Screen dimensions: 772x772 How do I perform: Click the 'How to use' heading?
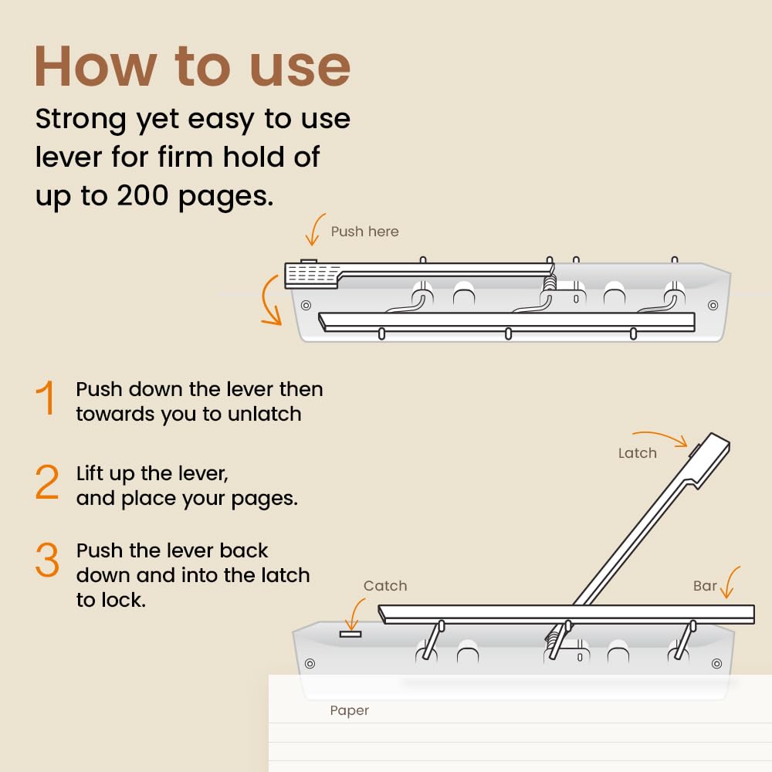tap(192, 66)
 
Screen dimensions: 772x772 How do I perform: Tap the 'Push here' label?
tap(365, 232)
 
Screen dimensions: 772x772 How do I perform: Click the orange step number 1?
tap(46, 398)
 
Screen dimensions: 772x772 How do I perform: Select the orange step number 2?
tap(47, 482)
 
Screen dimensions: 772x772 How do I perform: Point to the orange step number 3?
tap(47, 559)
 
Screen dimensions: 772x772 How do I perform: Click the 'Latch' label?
tap(638, 453)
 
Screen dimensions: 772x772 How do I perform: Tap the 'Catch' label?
tap(385, 586)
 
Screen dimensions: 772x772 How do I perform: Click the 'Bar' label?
tap(705, 586)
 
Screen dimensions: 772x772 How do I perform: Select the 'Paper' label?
tap(350, 711)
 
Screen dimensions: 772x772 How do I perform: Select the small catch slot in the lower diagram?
tap(350, 634)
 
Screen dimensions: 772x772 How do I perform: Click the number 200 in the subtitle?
tap(143, 196)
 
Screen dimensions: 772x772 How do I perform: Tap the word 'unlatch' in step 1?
tap(265, 414)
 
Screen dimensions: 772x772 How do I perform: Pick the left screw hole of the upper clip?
tap(306, 305)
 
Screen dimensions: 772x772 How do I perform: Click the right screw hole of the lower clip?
tap(717, 664)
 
